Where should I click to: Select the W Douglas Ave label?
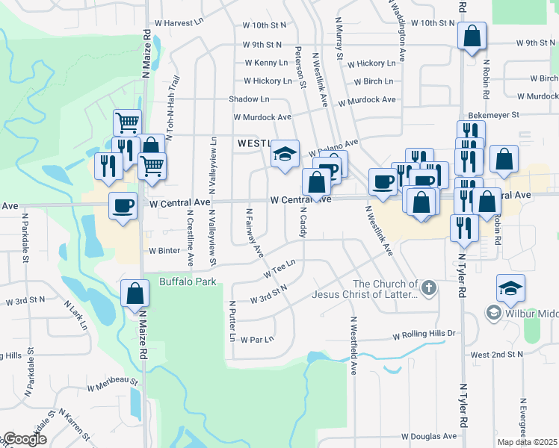[x=429, y=436]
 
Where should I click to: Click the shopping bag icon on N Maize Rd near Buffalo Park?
[x=135, y=293]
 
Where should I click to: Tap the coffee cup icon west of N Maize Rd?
[x=123, y=206]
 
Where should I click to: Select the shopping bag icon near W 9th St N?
[x=472, y=37]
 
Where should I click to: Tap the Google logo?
[x=24, y=439]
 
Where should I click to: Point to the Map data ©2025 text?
[x=528, y=442]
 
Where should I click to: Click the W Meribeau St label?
[x=113, y=385]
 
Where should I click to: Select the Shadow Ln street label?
[x=249, y=99]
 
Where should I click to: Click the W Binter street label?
[x=164, y=251]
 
